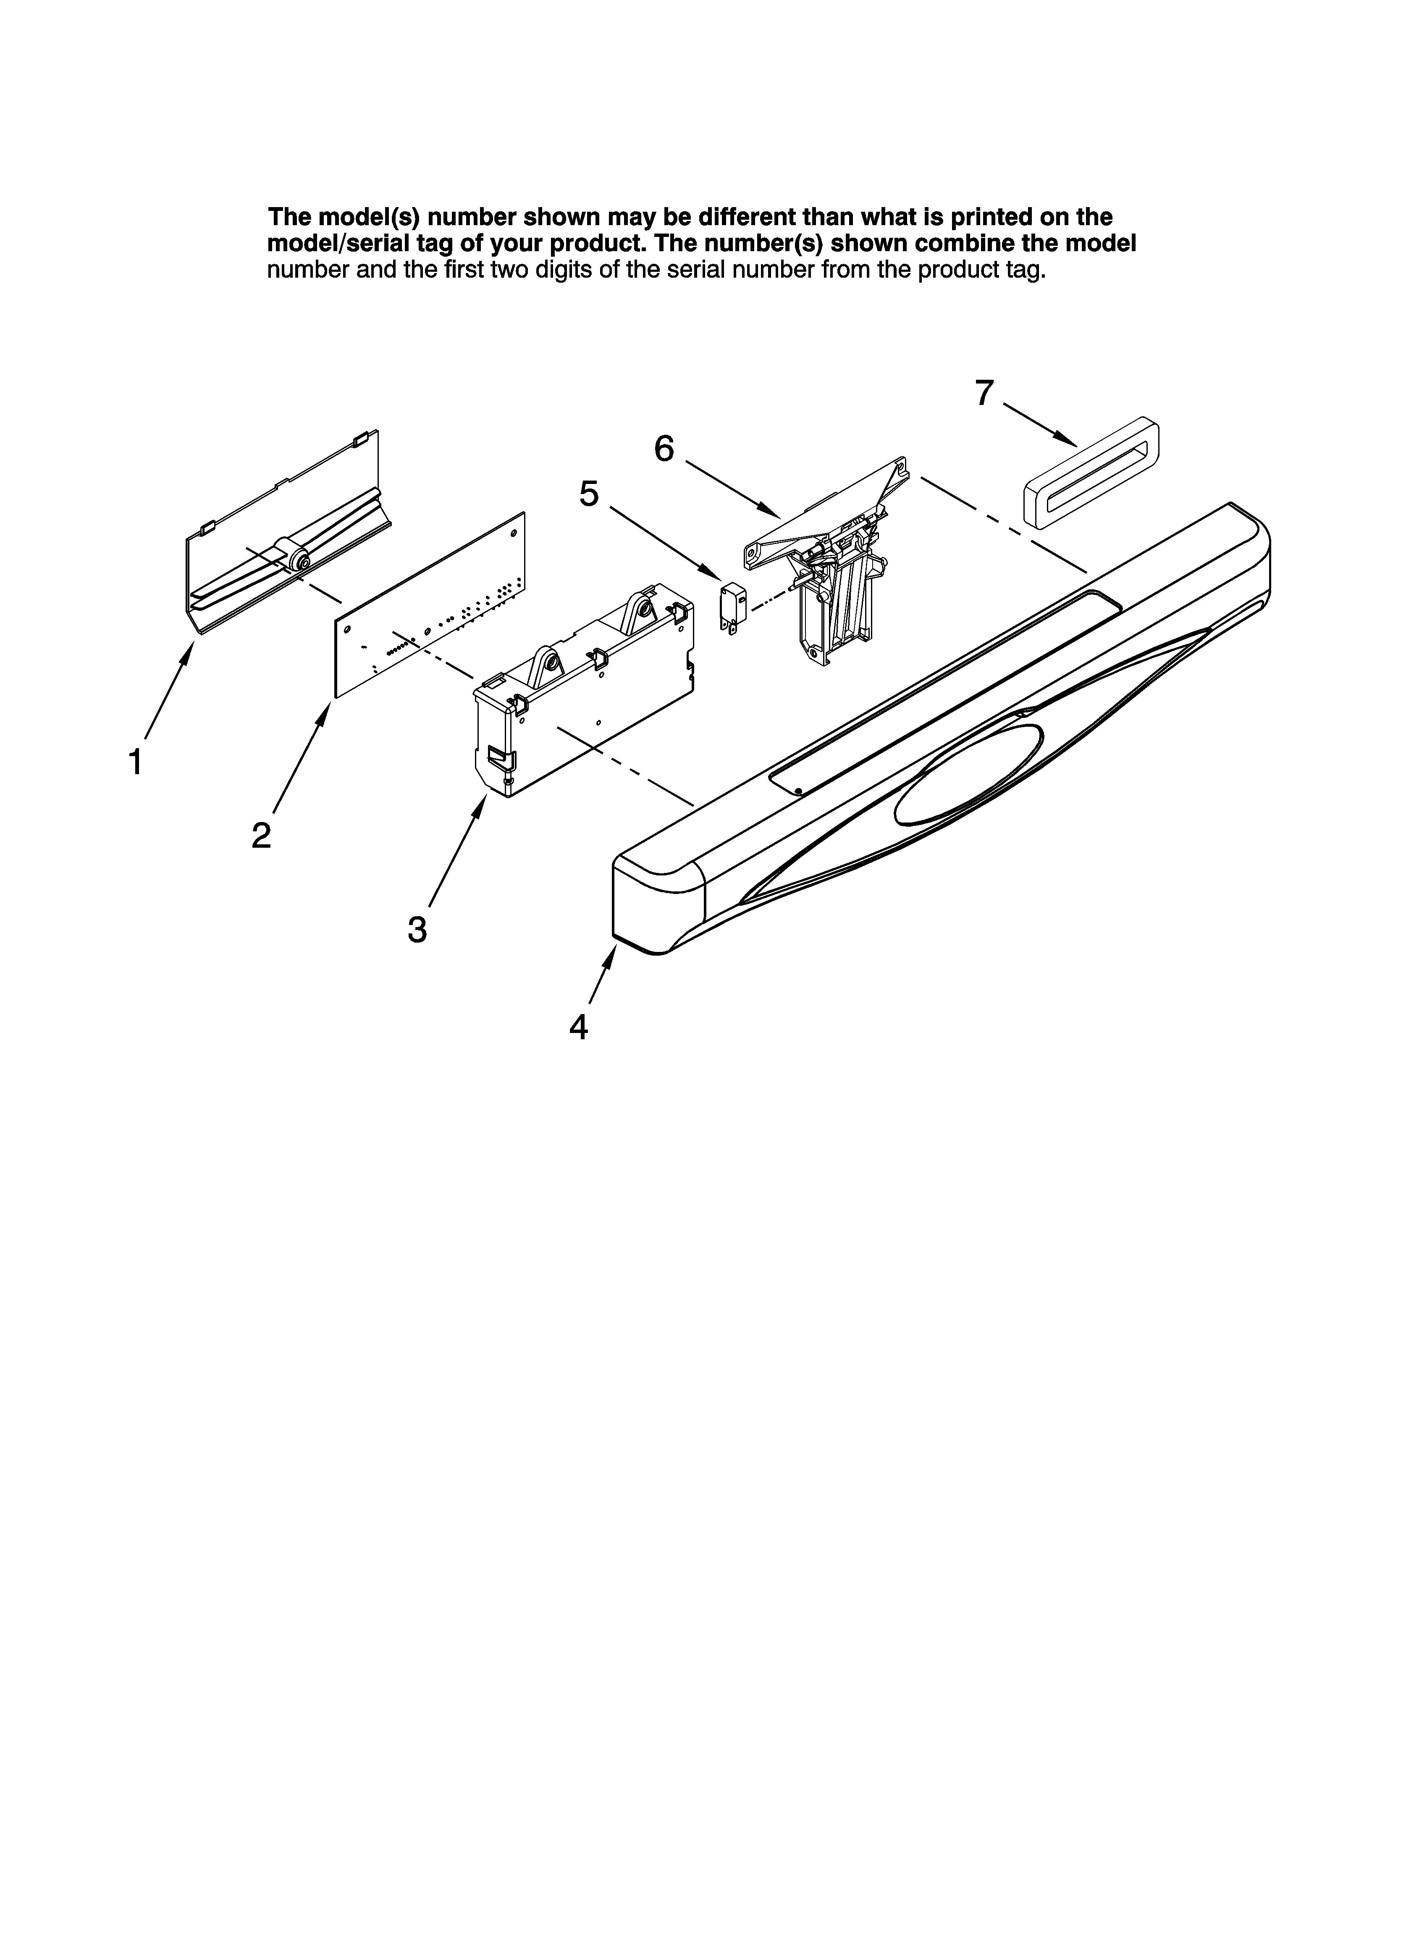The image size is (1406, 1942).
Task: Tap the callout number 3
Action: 417,929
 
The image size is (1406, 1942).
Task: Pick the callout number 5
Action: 589,494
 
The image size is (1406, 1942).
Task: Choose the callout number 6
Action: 664,449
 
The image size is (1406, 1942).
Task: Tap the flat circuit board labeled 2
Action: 428,608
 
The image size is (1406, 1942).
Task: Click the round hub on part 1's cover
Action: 300,561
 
